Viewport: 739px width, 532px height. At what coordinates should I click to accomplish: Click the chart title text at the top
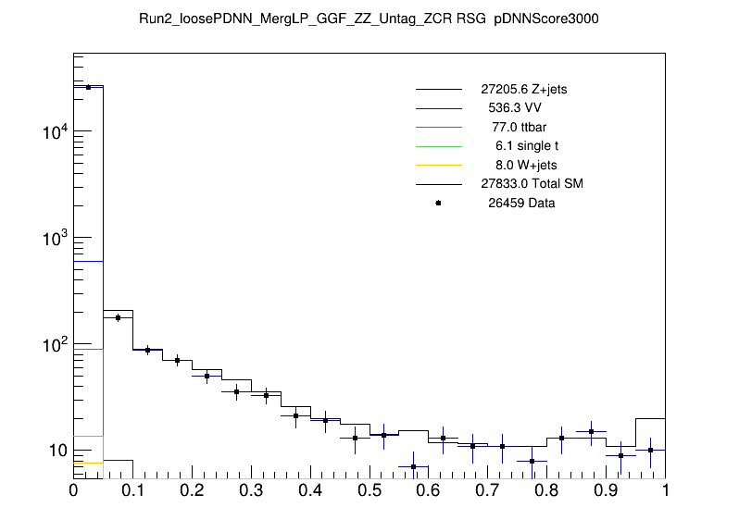(x=369, y=19)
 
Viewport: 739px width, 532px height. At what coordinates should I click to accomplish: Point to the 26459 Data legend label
(x=521, y=204)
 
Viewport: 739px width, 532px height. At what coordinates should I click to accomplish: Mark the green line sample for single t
(x=439, y=146)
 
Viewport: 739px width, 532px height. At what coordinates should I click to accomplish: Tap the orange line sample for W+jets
(x=439, y=165)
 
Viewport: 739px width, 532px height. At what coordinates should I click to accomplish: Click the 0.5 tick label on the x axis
(x=369, y=491)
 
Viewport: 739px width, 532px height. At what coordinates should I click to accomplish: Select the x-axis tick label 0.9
(x=606, y=491)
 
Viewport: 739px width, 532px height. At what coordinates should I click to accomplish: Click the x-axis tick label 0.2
(x=192, y=491)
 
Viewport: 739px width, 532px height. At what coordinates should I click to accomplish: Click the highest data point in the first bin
(x=88, y=87)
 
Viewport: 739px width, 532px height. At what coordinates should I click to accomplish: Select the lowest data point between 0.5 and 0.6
(x=414, y=466)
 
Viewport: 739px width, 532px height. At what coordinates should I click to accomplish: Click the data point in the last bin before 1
(x=651, y=451)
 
